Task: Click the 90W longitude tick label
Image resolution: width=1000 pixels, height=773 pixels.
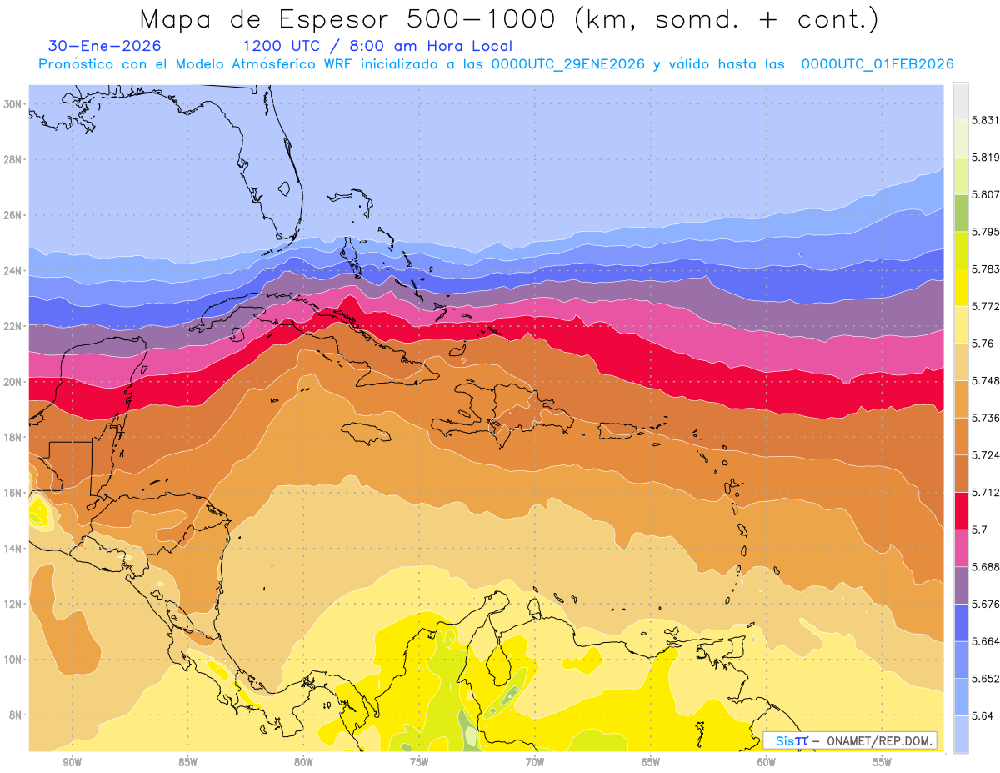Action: point(72,761)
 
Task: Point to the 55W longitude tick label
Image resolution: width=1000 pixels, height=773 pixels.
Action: point(882,761)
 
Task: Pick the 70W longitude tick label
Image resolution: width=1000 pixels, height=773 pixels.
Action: point(535,761)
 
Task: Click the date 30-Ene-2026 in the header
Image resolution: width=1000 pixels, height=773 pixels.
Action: point(105,47)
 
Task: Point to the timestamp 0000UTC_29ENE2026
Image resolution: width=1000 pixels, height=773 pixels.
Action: point(568,64)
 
